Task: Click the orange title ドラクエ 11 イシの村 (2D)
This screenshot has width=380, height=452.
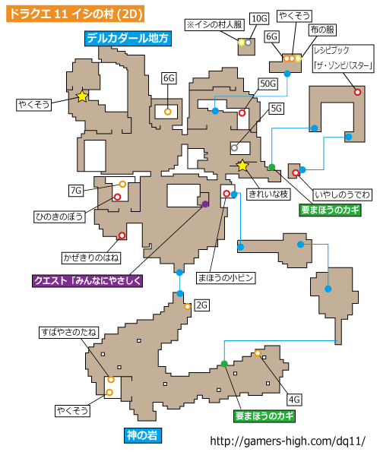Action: pos(75,14)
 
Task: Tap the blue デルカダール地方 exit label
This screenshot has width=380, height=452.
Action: pos(128,38)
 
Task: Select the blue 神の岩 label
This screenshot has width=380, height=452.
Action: pos(142,435)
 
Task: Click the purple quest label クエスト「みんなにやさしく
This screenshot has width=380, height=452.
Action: pos(87,281)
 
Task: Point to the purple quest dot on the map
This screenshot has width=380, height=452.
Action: pos(205,204)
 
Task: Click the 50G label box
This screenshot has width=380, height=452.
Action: pos(268,84)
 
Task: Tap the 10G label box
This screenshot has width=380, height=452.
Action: pos(259,19)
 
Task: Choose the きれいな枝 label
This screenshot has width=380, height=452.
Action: pos(268,194)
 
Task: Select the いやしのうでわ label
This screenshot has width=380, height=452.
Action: pos(342,195)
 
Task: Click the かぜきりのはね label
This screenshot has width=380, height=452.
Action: pos(91,258)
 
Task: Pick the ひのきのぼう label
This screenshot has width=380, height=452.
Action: pos(59,217)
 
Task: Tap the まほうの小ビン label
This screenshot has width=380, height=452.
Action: pos(226,278)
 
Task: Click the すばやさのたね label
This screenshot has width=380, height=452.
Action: pos(68,333)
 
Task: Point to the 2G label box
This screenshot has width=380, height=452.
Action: pos(202,305)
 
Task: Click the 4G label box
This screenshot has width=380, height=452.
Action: pos(294,400)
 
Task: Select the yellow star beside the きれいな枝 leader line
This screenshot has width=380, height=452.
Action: pos(242,166)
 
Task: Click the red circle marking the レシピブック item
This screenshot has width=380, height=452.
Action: pos(357,92)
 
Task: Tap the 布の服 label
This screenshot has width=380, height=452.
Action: pos(322,30)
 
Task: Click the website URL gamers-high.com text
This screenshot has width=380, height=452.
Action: pos(288,441)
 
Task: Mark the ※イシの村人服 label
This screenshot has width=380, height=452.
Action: pos(214,25)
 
